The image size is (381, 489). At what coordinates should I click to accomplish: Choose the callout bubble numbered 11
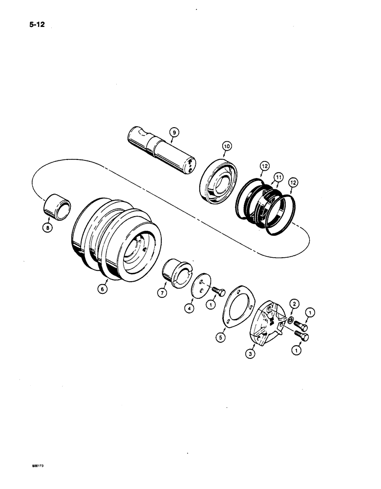click(x=278, y=176)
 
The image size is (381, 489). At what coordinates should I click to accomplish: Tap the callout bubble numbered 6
click(x=102, y=289)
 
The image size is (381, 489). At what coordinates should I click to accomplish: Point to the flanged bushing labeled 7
click(x=177, y=270)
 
